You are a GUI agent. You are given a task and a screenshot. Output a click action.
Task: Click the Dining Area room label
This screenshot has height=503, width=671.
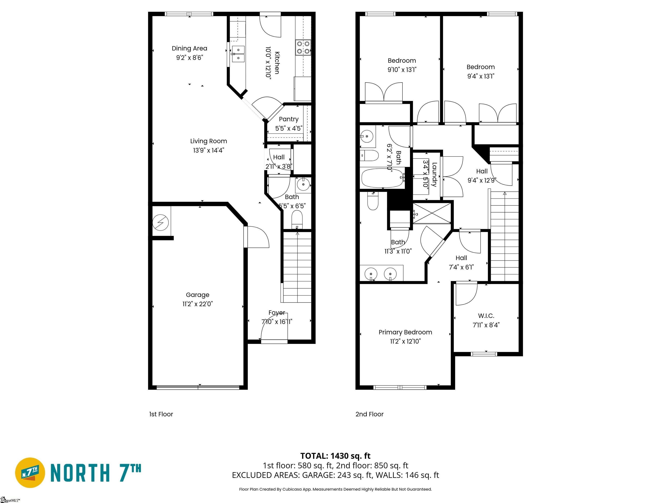[189, 48]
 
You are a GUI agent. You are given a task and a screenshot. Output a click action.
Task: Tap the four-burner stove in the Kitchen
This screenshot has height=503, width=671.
[303, 48]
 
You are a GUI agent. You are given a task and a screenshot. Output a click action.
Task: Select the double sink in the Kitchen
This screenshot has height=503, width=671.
[238, 54]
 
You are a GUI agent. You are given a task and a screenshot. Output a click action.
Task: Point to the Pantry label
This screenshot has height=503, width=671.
[289, 119]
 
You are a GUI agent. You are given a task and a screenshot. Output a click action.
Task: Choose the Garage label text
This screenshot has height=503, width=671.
[197, 295]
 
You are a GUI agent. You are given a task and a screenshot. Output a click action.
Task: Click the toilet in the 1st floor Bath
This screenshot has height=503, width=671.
[297, 219]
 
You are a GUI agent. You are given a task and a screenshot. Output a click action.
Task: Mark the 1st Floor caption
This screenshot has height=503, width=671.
[161, 414]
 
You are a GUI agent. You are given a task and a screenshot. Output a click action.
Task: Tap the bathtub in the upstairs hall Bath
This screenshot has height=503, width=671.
[382, 178]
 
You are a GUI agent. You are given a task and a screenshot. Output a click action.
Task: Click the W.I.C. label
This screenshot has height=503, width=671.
[486, 316]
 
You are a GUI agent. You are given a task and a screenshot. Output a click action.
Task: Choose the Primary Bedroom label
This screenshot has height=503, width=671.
[405, 332]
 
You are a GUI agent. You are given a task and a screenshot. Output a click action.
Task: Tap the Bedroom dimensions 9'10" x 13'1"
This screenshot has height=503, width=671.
[402, 70]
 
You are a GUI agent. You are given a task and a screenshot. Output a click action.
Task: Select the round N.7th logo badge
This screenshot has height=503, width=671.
[30, 473]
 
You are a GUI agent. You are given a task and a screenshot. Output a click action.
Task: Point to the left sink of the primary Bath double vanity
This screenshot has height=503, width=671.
[371, 274]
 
